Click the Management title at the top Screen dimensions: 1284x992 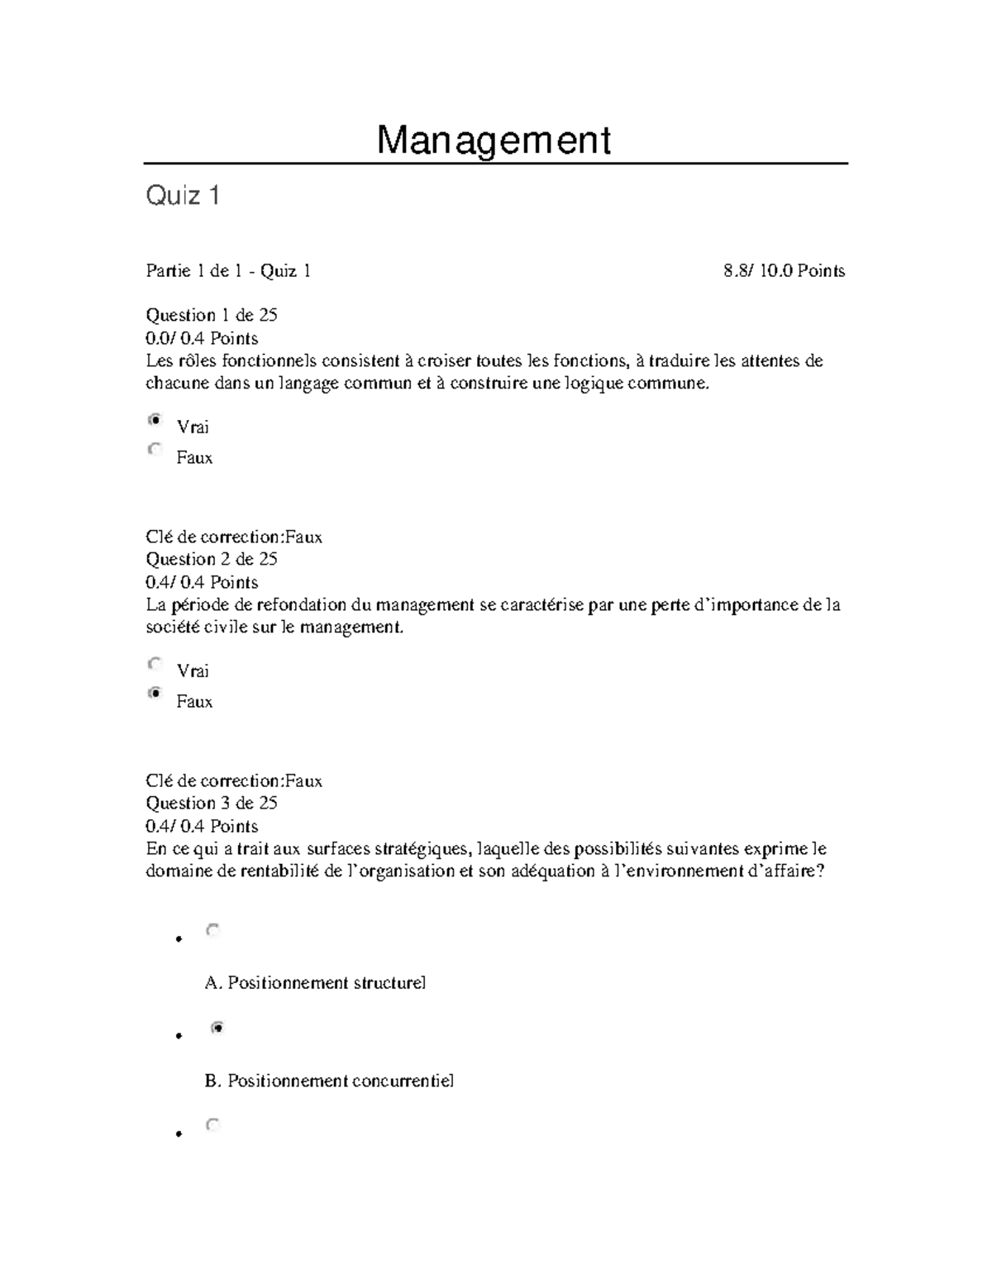(494, 141)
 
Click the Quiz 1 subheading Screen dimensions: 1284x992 (183, 196)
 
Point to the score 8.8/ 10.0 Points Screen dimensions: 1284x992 (784, 271)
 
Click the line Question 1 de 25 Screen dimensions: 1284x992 (212, 315)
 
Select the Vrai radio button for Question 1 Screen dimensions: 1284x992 (155, 421)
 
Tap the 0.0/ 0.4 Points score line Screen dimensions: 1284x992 (202, 338)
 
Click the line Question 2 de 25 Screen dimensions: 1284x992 (212, 559)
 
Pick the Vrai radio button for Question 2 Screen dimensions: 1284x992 (155, 664)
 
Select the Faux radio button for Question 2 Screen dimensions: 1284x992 (155, 695)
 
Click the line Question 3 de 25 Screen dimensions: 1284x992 (212, 803)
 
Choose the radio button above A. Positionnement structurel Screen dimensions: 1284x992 (213, 931)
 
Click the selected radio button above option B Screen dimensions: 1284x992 (217, 1029)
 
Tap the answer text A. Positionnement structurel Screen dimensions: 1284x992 (315, 983)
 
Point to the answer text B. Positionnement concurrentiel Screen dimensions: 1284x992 (329, 1081)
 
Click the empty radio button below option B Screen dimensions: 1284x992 (213, 1125)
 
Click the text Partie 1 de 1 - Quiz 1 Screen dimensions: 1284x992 (228, 271)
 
